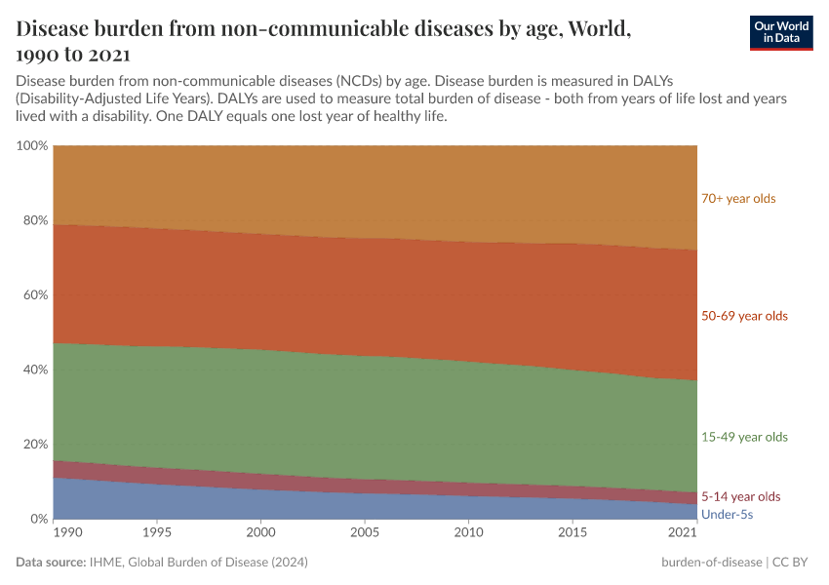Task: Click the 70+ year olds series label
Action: (738, 199)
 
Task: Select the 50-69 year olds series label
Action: (744, 316)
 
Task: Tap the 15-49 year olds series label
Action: (744, 437)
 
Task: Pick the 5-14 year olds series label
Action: (741, 496)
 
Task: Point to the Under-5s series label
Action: (728, 513)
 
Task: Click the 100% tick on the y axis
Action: (31, 146)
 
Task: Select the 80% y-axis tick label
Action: (34, 220)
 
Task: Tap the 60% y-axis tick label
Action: (34, 295)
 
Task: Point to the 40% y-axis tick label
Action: (34, 370)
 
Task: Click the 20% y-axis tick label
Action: (34, 445)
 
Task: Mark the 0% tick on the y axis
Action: (38, 519)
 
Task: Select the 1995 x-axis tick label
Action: (158, 533)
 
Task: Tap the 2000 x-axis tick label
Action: (260, 533)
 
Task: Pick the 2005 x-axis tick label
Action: (366, 533)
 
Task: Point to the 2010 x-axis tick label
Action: (470, 533)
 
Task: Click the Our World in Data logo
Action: (780, 32)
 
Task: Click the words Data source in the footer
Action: (50, 563)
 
